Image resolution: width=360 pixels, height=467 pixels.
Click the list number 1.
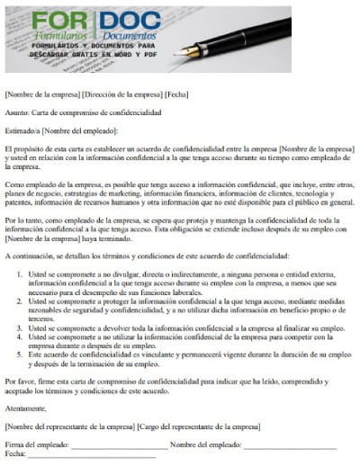(x=16, y=271)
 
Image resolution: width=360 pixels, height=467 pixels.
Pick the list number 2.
(x=16, y=298)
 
